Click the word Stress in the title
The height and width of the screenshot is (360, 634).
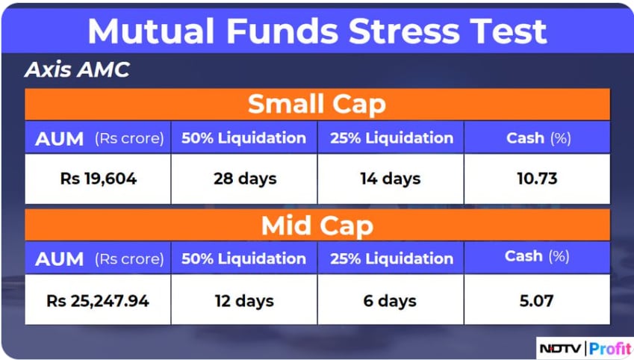403,31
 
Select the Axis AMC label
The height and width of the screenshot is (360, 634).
77,69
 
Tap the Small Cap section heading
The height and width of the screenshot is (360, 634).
317,105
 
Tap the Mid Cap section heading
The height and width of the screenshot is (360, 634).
317,226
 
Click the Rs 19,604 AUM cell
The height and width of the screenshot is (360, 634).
99,179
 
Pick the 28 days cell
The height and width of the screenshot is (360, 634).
245,179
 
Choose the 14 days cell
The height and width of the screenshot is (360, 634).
391,179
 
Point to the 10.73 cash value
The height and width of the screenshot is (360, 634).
537,179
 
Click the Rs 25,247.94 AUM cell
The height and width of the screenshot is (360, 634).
98,301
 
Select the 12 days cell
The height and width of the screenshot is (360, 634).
244,301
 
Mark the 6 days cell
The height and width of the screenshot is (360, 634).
390,301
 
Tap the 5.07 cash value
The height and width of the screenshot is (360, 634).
537,301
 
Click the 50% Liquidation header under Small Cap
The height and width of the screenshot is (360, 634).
243,138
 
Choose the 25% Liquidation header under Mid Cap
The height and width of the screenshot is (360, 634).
391,258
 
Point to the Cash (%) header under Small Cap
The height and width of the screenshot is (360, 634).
538,138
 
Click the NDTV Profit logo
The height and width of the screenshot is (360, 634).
585,348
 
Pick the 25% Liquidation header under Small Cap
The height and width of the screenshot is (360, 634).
391,138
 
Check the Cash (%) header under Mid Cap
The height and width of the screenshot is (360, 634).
537,256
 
